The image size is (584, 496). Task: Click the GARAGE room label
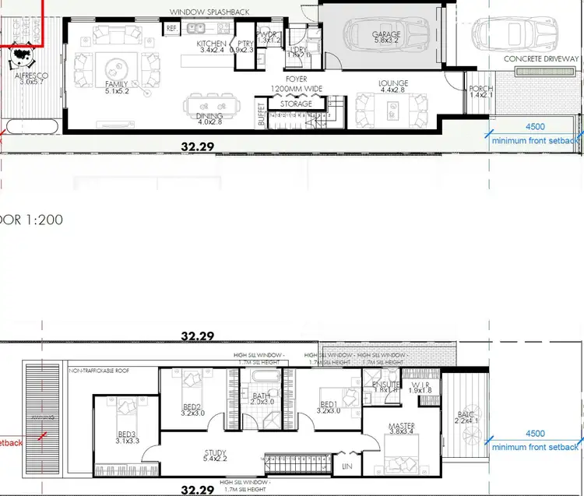click(x=386, y=34)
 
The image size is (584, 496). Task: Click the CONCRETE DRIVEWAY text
click(x=541, y=59)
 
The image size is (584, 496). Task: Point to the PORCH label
click(x=481, y=89)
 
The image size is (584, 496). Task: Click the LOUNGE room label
click(x=393, y=84)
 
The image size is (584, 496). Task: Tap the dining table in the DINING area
click(x=209, y=106)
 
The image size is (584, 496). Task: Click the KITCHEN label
click(x=211, y=44)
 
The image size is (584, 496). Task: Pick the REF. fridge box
click(x=172, y=28)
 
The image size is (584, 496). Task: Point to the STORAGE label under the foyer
click(x=296, y=104)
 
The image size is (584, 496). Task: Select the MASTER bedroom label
click(x=403, y=426)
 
